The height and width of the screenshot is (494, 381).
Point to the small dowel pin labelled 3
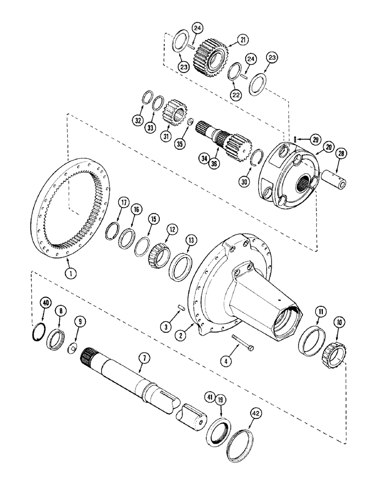coord(180,309)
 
